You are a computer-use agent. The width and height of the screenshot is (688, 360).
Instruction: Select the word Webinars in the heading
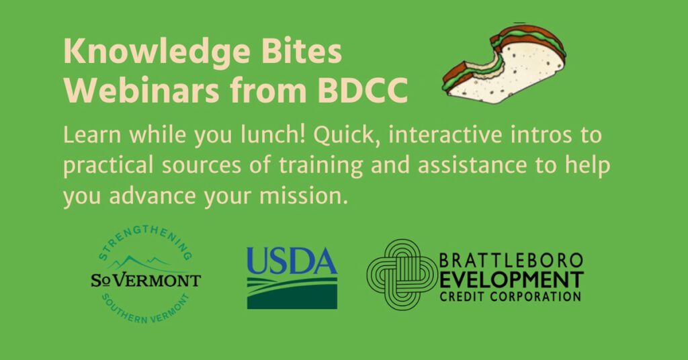(x=141, y=90)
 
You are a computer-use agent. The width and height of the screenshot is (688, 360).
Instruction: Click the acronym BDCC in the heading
(x=362, y=90)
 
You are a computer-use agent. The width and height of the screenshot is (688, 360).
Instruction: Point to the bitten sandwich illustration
(x=504, y=64)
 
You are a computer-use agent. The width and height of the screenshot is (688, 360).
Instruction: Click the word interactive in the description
(x=445, y=134)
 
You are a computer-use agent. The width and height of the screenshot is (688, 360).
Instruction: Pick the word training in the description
(x=320, y=166)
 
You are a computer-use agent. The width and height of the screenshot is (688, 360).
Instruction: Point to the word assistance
(x=472, y=165)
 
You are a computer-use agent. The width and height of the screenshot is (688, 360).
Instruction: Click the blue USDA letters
(x=292, y=261)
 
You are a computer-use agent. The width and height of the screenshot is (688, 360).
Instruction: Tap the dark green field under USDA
(x=292, y=299)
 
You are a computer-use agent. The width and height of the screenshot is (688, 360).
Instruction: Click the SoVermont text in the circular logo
(x=146, y=280)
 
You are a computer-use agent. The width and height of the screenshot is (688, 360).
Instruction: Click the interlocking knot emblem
(x=402, y=275)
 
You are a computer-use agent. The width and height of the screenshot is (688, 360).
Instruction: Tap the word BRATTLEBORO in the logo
(x=511, y=261)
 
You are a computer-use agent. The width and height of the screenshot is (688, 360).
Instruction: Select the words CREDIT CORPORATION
(x=511, y=296)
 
